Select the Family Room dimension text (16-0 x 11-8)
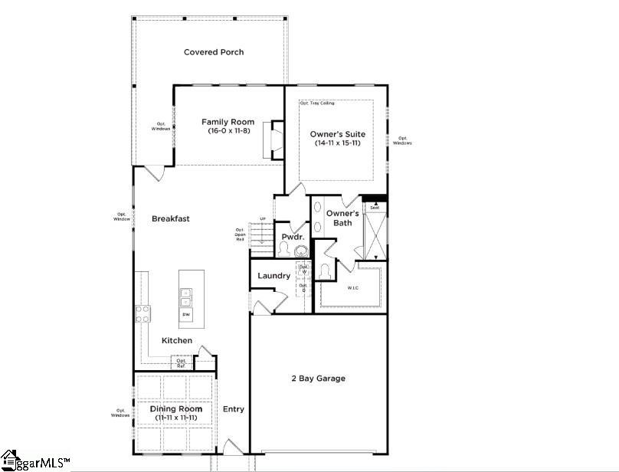(228, 131)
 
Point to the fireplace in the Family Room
(274, 140)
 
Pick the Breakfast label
(170, 218)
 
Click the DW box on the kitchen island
(186, 315)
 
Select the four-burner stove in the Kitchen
(143, 313)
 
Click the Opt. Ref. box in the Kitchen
(181, 362)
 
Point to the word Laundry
(273, 276)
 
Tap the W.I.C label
(353, 289)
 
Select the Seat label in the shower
(375, 208)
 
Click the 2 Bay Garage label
(318, 379)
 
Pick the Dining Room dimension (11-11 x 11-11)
(176, 418)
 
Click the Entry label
(234, 409)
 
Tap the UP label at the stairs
(262, 219)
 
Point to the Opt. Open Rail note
(240, 234)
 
